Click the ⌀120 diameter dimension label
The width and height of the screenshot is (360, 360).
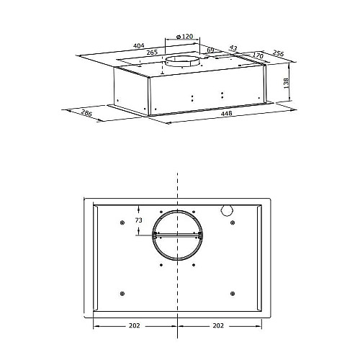(x=184, y=37)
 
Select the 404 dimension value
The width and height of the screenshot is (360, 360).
(x=139, y=45)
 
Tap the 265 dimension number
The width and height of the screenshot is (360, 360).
(x=152, y=52)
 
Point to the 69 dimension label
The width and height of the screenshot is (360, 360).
(x=210, y=50)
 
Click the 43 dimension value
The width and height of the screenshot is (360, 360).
(x=233, y=48)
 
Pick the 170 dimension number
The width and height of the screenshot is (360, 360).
(x=258, y=55)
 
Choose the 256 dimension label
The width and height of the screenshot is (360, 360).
(x=278, y=53)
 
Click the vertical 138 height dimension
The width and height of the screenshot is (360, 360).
(x=286, y=83)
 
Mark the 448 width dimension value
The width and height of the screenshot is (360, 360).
(x=226, y=113)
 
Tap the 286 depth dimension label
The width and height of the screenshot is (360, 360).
(x=86, y=113)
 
